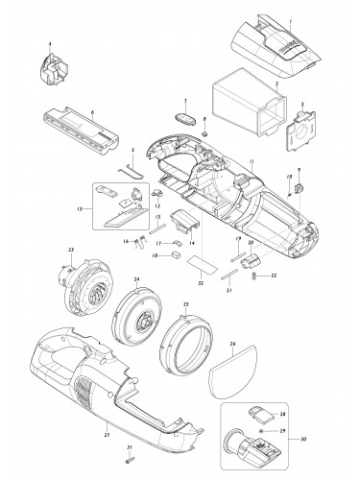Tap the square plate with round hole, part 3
click(x=310, y=132)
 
